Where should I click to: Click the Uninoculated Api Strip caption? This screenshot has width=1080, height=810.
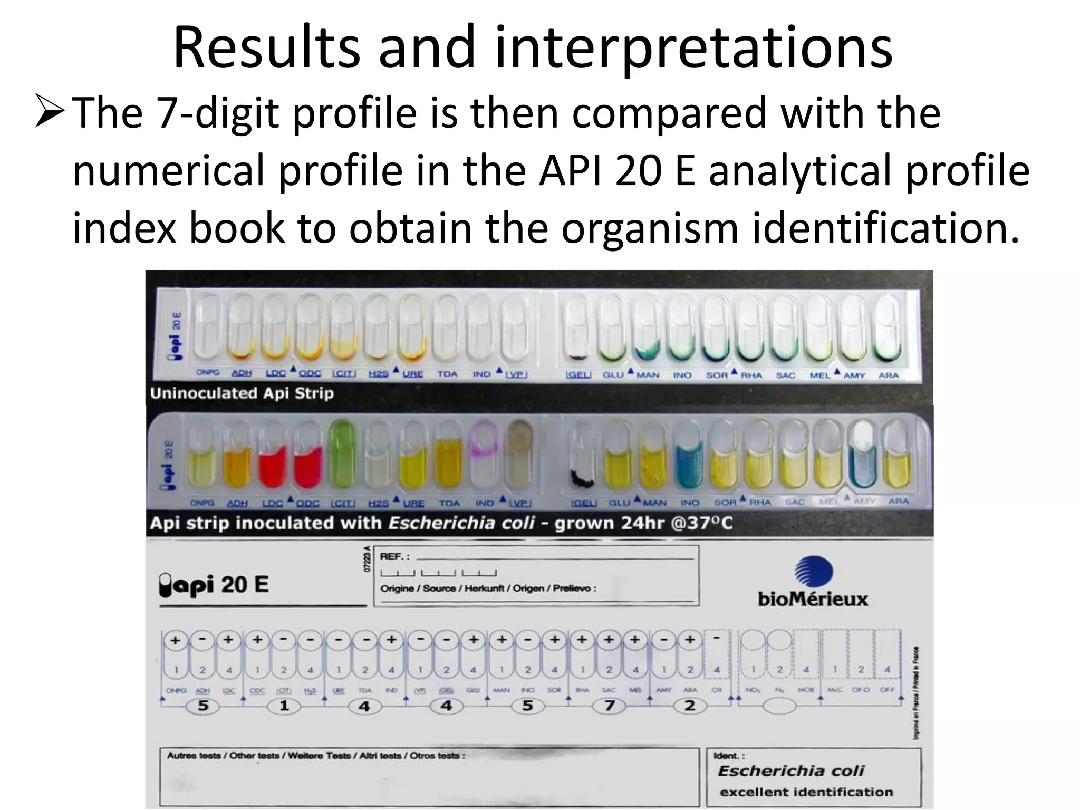(x=242, y=393)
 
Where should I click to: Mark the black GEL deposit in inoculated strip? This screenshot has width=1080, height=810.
(x=582, y=477)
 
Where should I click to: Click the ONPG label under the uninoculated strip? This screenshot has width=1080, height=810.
(x=208, y=373)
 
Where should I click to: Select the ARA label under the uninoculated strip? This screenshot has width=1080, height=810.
(x=889, y=375)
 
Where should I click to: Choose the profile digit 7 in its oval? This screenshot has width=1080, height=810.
(x=609, y=706)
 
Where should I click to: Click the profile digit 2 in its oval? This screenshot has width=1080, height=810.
(x=690, y=706)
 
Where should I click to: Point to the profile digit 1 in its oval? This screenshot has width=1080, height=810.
(x=284, y=706)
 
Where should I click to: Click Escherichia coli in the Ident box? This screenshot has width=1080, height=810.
(x=790, y=771)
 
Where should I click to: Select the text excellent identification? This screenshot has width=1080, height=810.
(x=806, y=792)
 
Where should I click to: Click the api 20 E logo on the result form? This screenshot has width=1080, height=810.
(x=214, y=585)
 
